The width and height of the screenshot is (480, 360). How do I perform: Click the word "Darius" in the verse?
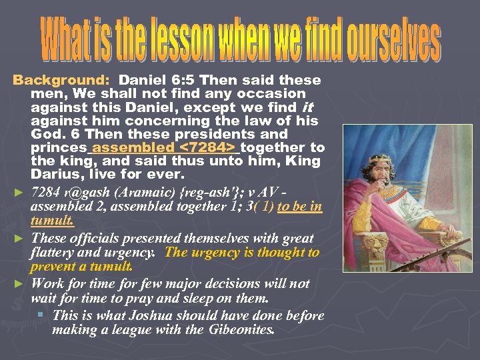(x=57, y=174)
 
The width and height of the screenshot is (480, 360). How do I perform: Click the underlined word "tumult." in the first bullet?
(x=52, y=221)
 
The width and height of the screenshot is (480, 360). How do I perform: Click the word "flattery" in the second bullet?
(x=54, y=253)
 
